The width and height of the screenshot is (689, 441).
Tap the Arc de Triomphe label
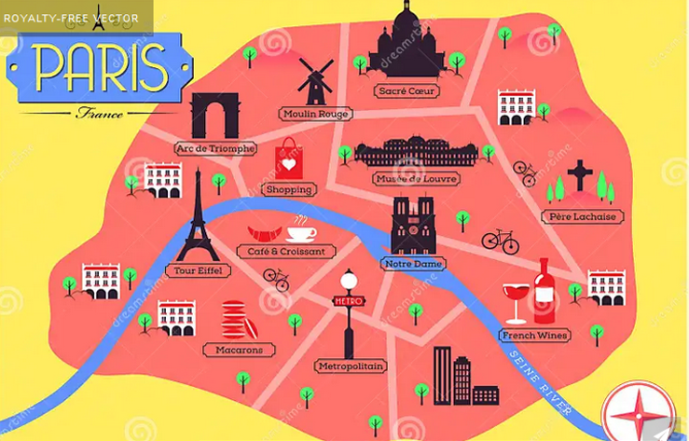pos(215,148)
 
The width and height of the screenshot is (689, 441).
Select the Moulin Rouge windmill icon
pos(315,82)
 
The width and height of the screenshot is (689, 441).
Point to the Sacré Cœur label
pos(406,91)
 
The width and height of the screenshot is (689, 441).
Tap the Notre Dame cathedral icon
pos(412,227)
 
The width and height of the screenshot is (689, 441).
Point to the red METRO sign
pos(348,301)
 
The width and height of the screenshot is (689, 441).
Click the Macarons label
pos(239,350)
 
